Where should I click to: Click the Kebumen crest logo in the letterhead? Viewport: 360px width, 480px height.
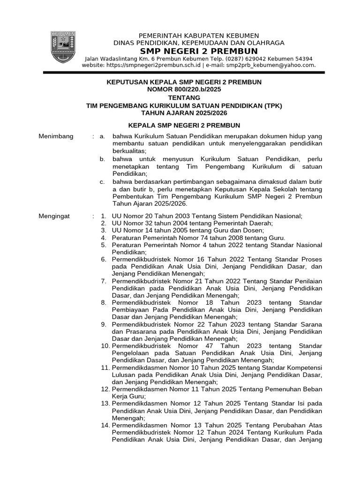[x=63, y=48]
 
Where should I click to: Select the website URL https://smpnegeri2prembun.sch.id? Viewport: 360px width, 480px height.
[x=154, y=65]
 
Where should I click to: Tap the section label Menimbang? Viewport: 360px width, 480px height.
[x=56, y=136]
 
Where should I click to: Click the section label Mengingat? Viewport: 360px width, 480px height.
[x=54, y=216]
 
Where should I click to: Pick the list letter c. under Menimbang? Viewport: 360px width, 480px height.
[x=102, y=182]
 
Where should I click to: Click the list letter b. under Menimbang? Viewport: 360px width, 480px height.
[x=102, y=159]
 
